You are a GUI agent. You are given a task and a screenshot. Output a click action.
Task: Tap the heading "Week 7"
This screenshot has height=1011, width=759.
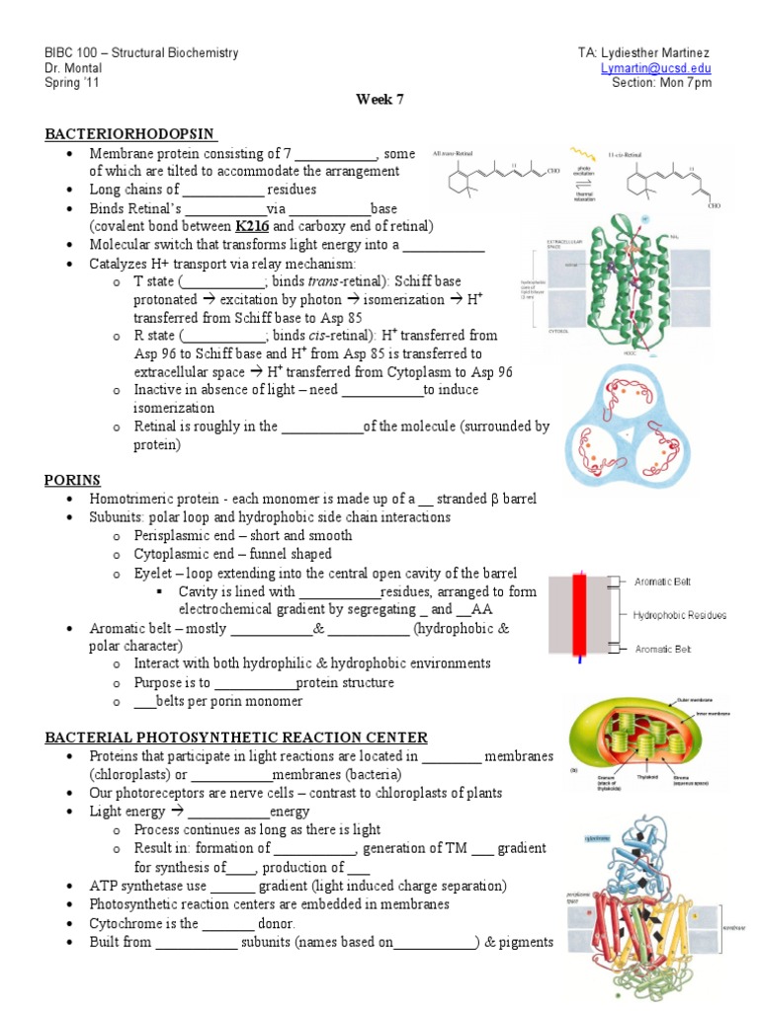point(379,100)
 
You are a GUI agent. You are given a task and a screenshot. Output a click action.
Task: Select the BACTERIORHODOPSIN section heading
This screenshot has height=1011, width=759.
point(131,134)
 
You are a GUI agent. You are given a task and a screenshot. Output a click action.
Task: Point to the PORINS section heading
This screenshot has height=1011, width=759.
point(72,480)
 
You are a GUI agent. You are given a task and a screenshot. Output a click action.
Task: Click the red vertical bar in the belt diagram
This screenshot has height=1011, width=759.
point(589,612)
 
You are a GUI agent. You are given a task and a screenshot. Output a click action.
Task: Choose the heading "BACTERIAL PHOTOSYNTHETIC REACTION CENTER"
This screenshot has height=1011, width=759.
point(236,738)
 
